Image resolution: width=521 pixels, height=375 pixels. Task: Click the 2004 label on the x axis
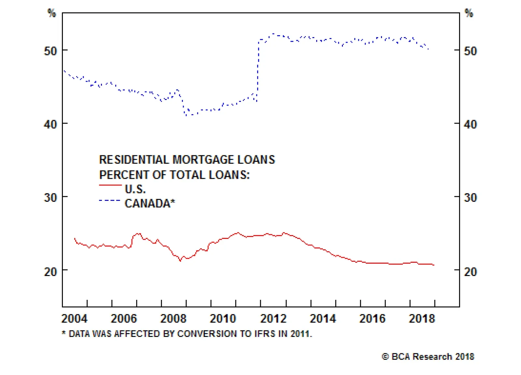(x=75, y=318)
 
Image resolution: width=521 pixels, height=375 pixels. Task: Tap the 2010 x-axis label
(x=223, y=318)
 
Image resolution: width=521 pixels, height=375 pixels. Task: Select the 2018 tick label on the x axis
(x=422, y=318)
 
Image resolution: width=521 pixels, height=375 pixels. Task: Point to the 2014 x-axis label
(x=323, y=318)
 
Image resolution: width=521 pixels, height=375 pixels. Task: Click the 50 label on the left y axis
(x=50, y=51)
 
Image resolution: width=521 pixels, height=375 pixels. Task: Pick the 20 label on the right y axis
(x=470, y=271)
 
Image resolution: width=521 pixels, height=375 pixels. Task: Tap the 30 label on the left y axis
(x=50, y=198)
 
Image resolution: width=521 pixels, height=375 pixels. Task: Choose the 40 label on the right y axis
(x=470, y=124)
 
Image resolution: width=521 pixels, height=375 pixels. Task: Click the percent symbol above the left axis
(x=52, y=13)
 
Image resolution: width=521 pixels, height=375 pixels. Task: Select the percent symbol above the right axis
(x=469, y=13)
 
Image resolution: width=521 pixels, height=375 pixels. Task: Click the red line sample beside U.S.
(x=110, y=185)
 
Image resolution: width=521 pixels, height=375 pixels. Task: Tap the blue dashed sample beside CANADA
(x=110, y=201)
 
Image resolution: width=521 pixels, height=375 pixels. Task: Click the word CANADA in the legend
(x=148, y=203)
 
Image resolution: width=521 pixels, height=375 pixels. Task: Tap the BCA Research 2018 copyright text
(x=428, y=357)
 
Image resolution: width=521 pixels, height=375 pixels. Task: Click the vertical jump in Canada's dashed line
(x=258, y=72)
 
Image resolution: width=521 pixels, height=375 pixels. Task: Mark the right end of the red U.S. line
(x=434, y=265)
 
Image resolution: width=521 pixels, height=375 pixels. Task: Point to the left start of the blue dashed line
(x=64, y=71)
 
